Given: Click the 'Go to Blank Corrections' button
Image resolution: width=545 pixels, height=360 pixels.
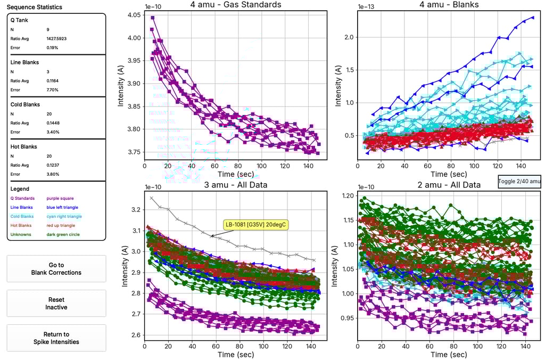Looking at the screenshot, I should pos(56,268).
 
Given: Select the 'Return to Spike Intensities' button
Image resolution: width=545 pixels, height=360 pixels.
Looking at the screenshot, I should pos(56,338).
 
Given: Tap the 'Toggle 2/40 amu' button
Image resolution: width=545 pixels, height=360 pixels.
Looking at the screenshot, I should pos(519,182).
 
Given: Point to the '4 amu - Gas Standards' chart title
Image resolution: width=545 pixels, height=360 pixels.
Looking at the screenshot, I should pos(235,5).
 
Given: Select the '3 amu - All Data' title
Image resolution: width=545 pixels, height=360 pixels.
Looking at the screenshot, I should pos(235,185).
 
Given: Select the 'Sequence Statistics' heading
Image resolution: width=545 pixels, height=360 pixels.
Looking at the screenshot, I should pos(34,7).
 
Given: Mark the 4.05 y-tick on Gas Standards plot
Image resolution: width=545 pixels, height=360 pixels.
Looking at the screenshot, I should pos(134,15).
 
